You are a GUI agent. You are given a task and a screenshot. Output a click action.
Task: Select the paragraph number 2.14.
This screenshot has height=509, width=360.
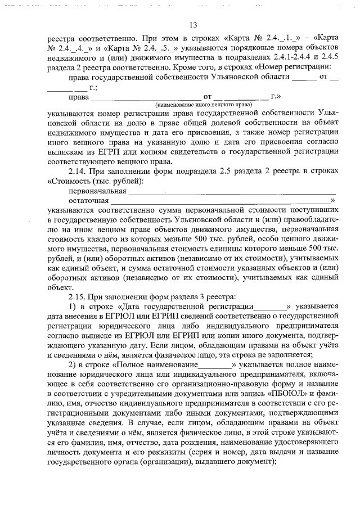click(78, 170)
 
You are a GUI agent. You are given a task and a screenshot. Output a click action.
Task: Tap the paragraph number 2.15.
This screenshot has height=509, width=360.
click(78, 296)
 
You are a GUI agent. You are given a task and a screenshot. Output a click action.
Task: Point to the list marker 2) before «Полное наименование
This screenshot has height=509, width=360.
click(72, 364)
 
